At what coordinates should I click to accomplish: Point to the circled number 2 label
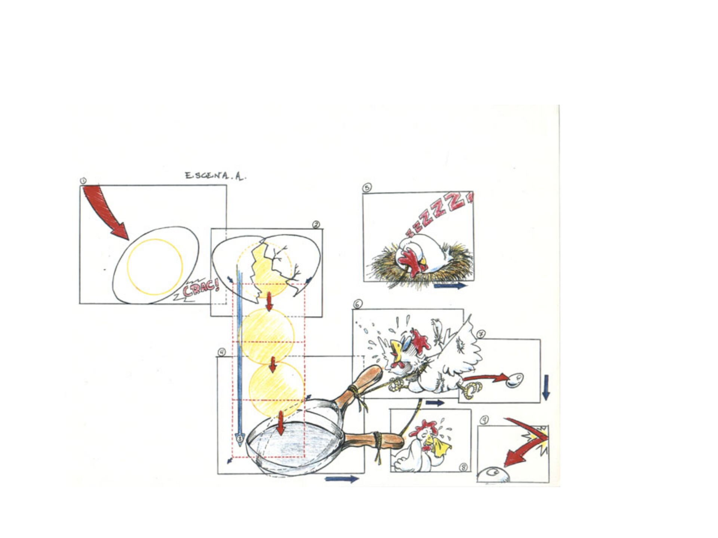316,225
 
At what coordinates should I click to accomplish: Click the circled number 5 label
367,188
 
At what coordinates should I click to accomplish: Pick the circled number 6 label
358,304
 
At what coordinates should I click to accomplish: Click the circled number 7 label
481,334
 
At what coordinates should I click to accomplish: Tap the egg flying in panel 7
515,380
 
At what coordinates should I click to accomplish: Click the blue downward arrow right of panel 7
546,387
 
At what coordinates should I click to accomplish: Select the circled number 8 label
463,467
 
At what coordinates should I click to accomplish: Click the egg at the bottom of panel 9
494,475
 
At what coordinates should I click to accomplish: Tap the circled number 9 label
484,420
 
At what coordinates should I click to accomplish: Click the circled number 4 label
222,352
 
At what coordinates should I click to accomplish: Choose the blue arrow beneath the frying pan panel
342,479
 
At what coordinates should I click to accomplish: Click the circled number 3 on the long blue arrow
240,438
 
